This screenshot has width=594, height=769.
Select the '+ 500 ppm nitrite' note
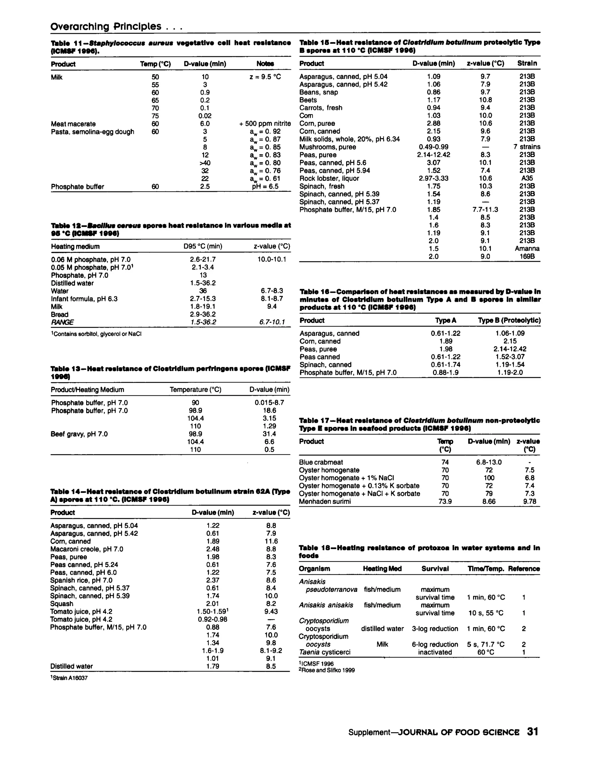coord(265,124)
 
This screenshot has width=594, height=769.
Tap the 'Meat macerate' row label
coord(73,124)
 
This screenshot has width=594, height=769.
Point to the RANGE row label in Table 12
coord(62,322)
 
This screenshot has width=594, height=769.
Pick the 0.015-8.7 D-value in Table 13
coord(269,402)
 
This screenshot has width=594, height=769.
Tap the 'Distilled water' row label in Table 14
coord(71,666)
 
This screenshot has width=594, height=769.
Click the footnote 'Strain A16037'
coord(70,678)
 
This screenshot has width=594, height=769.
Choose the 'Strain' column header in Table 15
coord(527,63)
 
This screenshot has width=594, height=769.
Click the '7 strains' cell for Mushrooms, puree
coord(526,147)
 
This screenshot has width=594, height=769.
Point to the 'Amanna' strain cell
coord(527,249)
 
